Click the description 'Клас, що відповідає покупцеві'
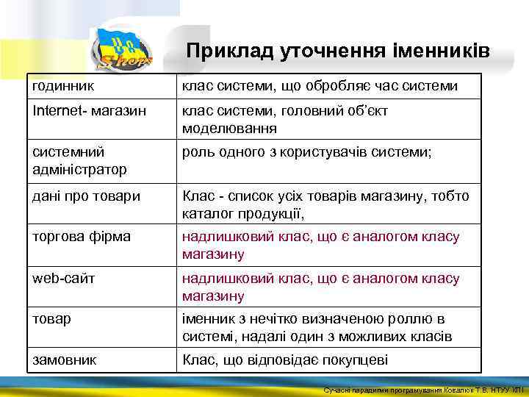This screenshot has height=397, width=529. [x=284, y=361]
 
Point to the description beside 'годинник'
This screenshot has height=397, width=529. [x=320, y=87]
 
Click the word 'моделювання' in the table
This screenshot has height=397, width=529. [x=229, y=129]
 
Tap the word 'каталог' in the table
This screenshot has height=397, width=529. [x=206, y=214]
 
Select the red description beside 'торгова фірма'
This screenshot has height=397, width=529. [x=320, y=246]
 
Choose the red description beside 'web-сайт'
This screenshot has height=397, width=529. [x=320, y=287]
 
